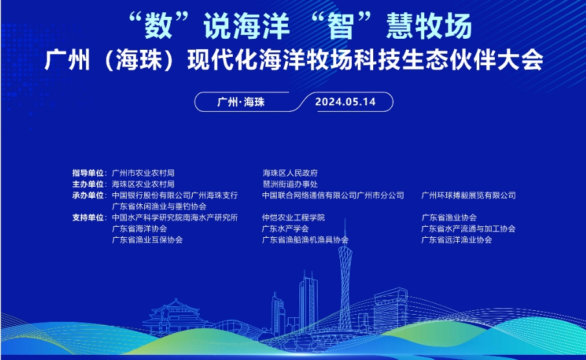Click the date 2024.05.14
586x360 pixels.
pyautogui.click(x=345, y=101)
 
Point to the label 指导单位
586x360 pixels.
pyautogui.click(x=89, y=173)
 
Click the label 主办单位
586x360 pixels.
pyautogui.click(x=89, y=184)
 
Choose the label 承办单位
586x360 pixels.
pyautogui.click(x=89, y=195)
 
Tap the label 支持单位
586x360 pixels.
pyautogui.click(x=89, y=218)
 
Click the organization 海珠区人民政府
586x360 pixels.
pyautogui.click(x=290, y=173)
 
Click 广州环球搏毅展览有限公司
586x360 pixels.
pyautogui.click(x=468, y=195)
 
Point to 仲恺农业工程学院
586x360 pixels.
pyautogui.click(x=294, y=218)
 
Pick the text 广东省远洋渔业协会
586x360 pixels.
pyautogui.click(x=457, y=240)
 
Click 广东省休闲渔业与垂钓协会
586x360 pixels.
pyautogui.click(x=159, y=206)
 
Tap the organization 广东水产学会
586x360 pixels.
pyautogui.click(x=285, y=229)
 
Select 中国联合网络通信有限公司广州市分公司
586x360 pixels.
pyautogui.click(x=333, y=195)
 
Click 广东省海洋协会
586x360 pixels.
pyautogui.click(x=139, y=229)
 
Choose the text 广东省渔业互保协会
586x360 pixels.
pyautogui.click(x=147, y=240)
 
